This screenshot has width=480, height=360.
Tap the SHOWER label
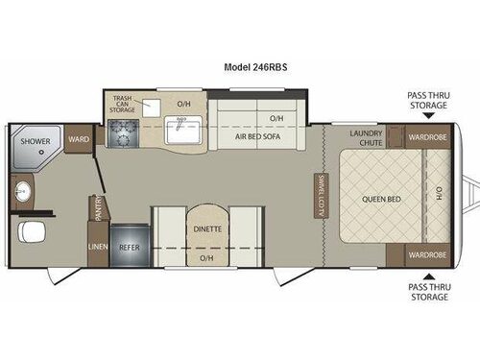37,140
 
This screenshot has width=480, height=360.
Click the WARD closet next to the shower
79,140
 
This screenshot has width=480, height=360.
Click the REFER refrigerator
129,247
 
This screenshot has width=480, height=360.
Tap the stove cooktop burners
124,134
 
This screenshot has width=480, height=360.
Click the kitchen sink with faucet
180,131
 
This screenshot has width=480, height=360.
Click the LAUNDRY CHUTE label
367,137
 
